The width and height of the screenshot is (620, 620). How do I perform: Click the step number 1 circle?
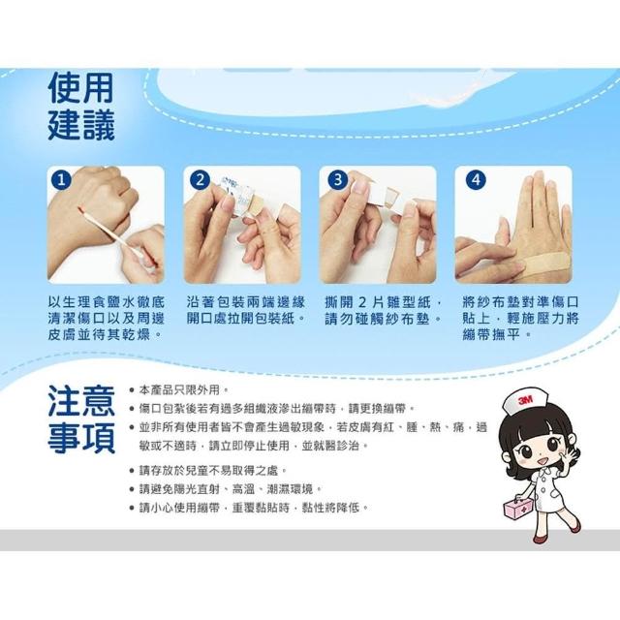tap(61, 180)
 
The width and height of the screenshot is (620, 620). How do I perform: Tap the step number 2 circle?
tap(201, 180)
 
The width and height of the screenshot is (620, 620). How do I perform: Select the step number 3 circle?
tap(337, 180)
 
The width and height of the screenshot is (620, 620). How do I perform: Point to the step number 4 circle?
tap(477, 180)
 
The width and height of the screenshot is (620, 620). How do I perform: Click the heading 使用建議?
tap(81, 106)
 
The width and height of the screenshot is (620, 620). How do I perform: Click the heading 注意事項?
tap(81, 419)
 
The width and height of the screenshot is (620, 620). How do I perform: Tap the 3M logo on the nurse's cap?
tap(525, 400)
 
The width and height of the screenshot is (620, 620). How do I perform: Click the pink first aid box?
tap(518, 508)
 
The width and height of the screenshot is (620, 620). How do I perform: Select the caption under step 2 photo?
tap(245, 310)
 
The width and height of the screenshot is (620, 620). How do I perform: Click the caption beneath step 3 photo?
tap(383, 310)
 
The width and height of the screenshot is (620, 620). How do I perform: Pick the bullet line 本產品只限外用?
tap(179, 390)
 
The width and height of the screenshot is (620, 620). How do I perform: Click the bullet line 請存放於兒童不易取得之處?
tap(208, 471)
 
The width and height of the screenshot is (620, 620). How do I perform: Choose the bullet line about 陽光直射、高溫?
tap(226, 489)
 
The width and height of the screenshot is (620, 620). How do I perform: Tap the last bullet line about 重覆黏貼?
tap(249, 508)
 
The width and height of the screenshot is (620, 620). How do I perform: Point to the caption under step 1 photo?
tap(106, 319)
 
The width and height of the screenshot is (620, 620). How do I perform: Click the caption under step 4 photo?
tap(520, 319)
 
